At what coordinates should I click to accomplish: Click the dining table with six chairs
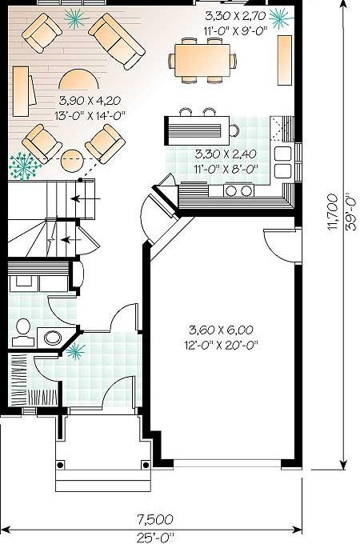click(202, 60)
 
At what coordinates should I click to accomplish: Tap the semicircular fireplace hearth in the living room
click(78, 78)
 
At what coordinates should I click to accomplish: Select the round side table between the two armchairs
click(73, 160)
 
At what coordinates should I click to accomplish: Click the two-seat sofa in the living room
click(117, 42)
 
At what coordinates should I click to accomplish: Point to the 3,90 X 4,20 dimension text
click(90, 101)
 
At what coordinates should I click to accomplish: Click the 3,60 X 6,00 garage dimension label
click(221, 330)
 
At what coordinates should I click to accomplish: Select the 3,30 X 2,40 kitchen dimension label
click(226, 154)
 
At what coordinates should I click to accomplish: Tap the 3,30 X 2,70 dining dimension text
click(235, 16)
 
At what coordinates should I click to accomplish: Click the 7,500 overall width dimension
click(154, 519)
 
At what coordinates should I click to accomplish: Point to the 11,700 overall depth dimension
click(332, 211)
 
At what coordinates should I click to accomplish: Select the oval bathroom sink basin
click(52, 338)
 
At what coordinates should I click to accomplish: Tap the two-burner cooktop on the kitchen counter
click(238, 190)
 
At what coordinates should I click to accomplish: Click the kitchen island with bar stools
click(197, 130)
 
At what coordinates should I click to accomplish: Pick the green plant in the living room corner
click(24, 166)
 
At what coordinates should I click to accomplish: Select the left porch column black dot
click(60, 465)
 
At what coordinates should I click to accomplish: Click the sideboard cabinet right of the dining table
click(285, 60)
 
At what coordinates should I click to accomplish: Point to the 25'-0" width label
click(154, 538)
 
